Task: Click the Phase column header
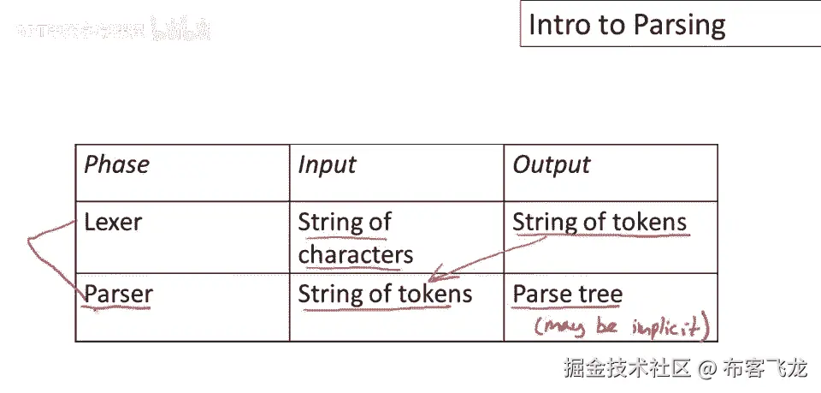click(116, 165)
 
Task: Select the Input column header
click(327, 165)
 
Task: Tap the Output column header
click(552, 165)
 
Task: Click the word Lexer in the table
click(113, 223)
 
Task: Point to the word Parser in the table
click(118, 295)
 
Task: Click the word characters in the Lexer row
click(356, 254)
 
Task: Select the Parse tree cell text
click(567, 295)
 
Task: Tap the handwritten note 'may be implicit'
click(623, 326)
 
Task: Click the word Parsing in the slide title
click(677, 25)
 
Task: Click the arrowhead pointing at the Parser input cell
click(434, 278)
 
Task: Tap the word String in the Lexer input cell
click(329, 223)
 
